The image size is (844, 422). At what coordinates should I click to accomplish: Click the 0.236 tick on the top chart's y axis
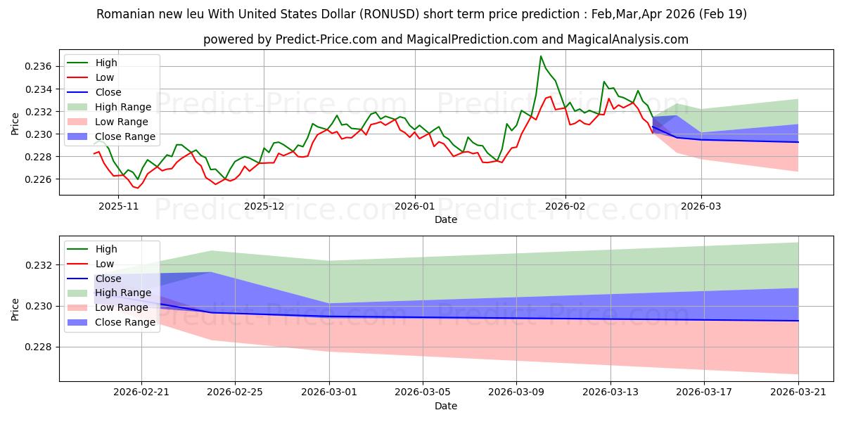(x=38, y=67)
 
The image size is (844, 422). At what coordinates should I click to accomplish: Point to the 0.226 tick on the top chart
(x=38, y=179)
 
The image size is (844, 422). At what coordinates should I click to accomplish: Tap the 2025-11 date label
(x=118, y=207)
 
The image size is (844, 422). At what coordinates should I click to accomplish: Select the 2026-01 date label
(x=415, y=207)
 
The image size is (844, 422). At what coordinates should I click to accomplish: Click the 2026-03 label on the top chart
(x=701, y=207)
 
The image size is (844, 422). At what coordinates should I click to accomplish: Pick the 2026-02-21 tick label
(x=141, y=392)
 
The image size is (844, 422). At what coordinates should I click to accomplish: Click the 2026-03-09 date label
(x=516, y=392)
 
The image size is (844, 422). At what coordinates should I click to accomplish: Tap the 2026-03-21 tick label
(x=798, y=392)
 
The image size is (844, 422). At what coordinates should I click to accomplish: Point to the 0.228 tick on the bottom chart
(x=38, y=347)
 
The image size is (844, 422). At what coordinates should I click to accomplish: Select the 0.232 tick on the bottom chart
(x=38, y=265)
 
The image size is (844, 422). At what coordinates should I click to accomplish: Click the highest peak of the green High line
(x=541, y=56)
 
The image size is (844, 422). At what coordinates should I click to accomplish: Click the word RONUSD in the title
(x=389, y=14)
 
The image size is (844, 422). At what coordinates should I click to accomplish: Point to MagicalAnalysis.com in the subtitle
(x=627, y=39)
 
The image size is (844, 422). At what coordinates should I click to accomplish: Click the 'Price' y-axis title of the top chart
(x=15, y=124)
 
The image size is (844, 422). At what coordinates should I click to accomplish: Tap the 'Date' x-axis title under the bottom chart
(x=446, y=406)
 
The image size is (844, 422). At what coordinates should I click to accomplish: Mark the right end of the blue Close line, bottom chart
(x=798, y=321)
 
